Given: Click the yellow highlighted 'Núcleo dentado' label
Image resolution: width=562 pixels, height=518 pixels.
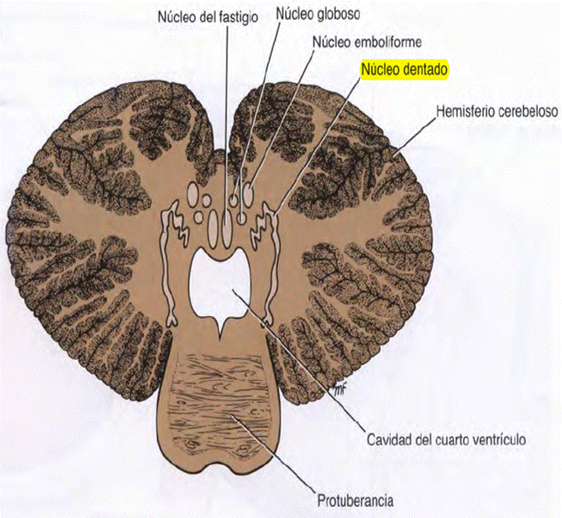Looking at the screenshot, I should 405,70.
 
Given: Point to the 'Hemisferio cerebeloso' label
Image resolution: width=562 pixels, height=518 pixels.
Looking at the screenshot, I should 498,112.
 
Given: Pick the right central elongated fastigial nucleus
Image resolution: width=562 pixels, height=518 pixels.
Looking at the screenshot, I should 228,228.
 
